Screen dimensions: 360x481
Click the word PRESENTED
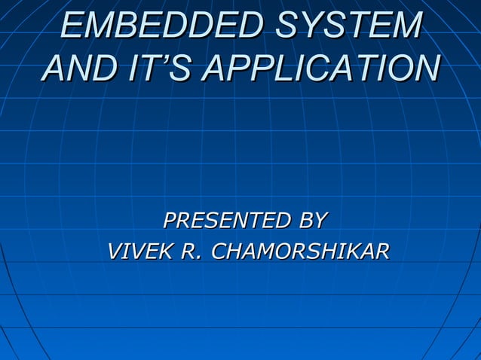point(227,221)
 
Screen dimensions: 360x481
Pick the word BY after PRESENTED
point(312,221)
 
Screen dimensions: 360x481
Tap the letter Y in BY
point(320,221)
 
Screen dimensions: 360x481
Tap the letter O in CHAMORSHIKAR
point(276,251)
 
